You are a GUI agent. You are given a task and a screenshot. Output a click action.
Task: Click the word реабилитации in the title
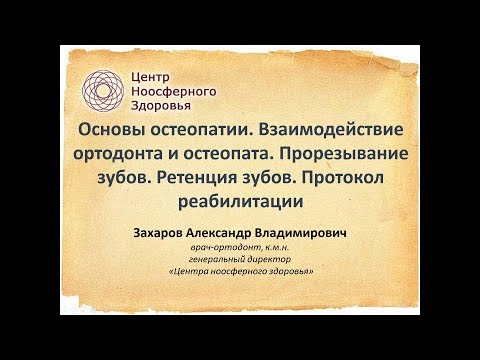[240, 200]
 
